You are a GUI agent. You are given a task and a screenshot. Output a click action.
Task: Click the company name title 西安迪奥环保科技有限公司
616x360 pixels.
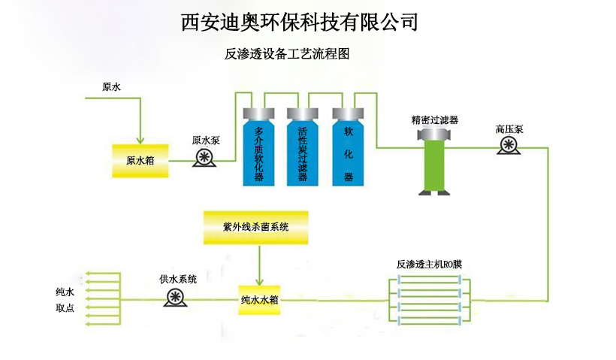click(x=299, y=22)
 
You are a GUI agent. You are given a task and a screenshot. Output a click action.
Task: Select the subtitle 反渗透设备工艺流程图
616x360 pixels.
click(x=288, y=54)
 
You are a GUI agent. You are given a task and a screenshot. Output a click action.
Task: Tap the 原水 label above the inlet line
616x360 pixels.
click(x=111, y=86)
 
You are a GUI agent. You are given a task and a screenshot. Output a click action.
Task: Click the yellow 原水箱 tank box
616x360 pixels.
click(x=140, y=159)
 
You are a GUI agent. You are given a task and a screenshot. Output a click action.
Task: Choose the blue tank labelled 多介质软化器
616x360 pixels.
click(x=259, y=150)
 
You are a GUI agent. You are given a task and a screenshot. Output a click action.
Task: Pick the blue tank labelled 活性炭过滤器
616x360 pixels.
click(x=303, y=150)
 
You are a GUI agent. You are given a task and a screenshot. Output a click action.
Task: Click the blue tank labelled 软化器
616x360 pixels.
click(x=348, y=150)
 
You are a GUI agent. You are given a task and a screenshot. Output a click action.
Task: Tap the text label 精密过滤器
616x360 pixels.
click(x=435, y=119)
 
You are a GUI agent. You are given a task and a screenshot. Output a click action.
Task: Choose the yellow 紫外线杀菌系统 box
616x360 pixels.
click(x=256, y=227)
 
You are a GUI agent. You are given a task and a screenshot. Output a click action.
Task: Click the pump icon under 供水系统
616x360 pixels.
click(x=177, y=297)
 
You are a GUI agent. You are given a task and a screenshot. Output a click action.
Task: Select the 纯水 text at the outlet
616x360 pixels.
click(x=65, y=292)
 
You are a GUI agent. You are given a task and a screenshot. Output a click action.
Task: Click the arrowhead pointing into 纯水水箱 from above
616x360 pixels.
click(x=259, y=280)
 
